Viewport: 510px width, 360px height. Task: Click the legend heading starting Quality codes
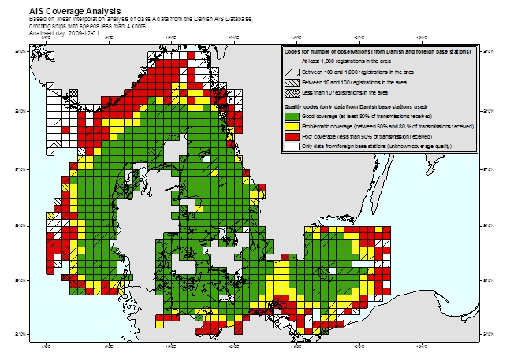pos(356,106)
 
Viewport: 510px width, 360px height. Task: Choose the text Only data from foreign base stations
pos(347,146)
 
